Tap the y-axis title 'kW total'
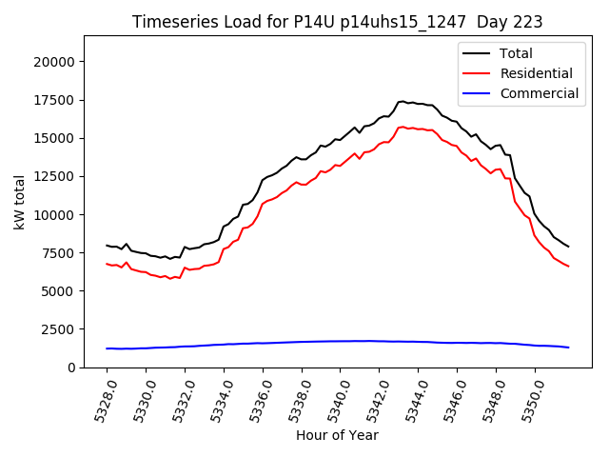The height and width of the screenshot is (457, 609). point(19,202)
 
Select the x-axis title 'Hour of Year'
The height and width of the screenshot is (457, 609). point(336,435)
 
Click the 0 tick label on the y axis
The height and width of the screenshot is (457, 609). point(71,368)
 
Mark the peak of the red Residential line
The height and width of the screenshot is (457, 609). point(403,126)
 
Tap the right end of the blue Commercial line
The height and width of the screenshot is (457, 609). point(568,348)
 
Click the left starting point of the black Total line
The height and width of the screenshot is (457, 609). point(108,245)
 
